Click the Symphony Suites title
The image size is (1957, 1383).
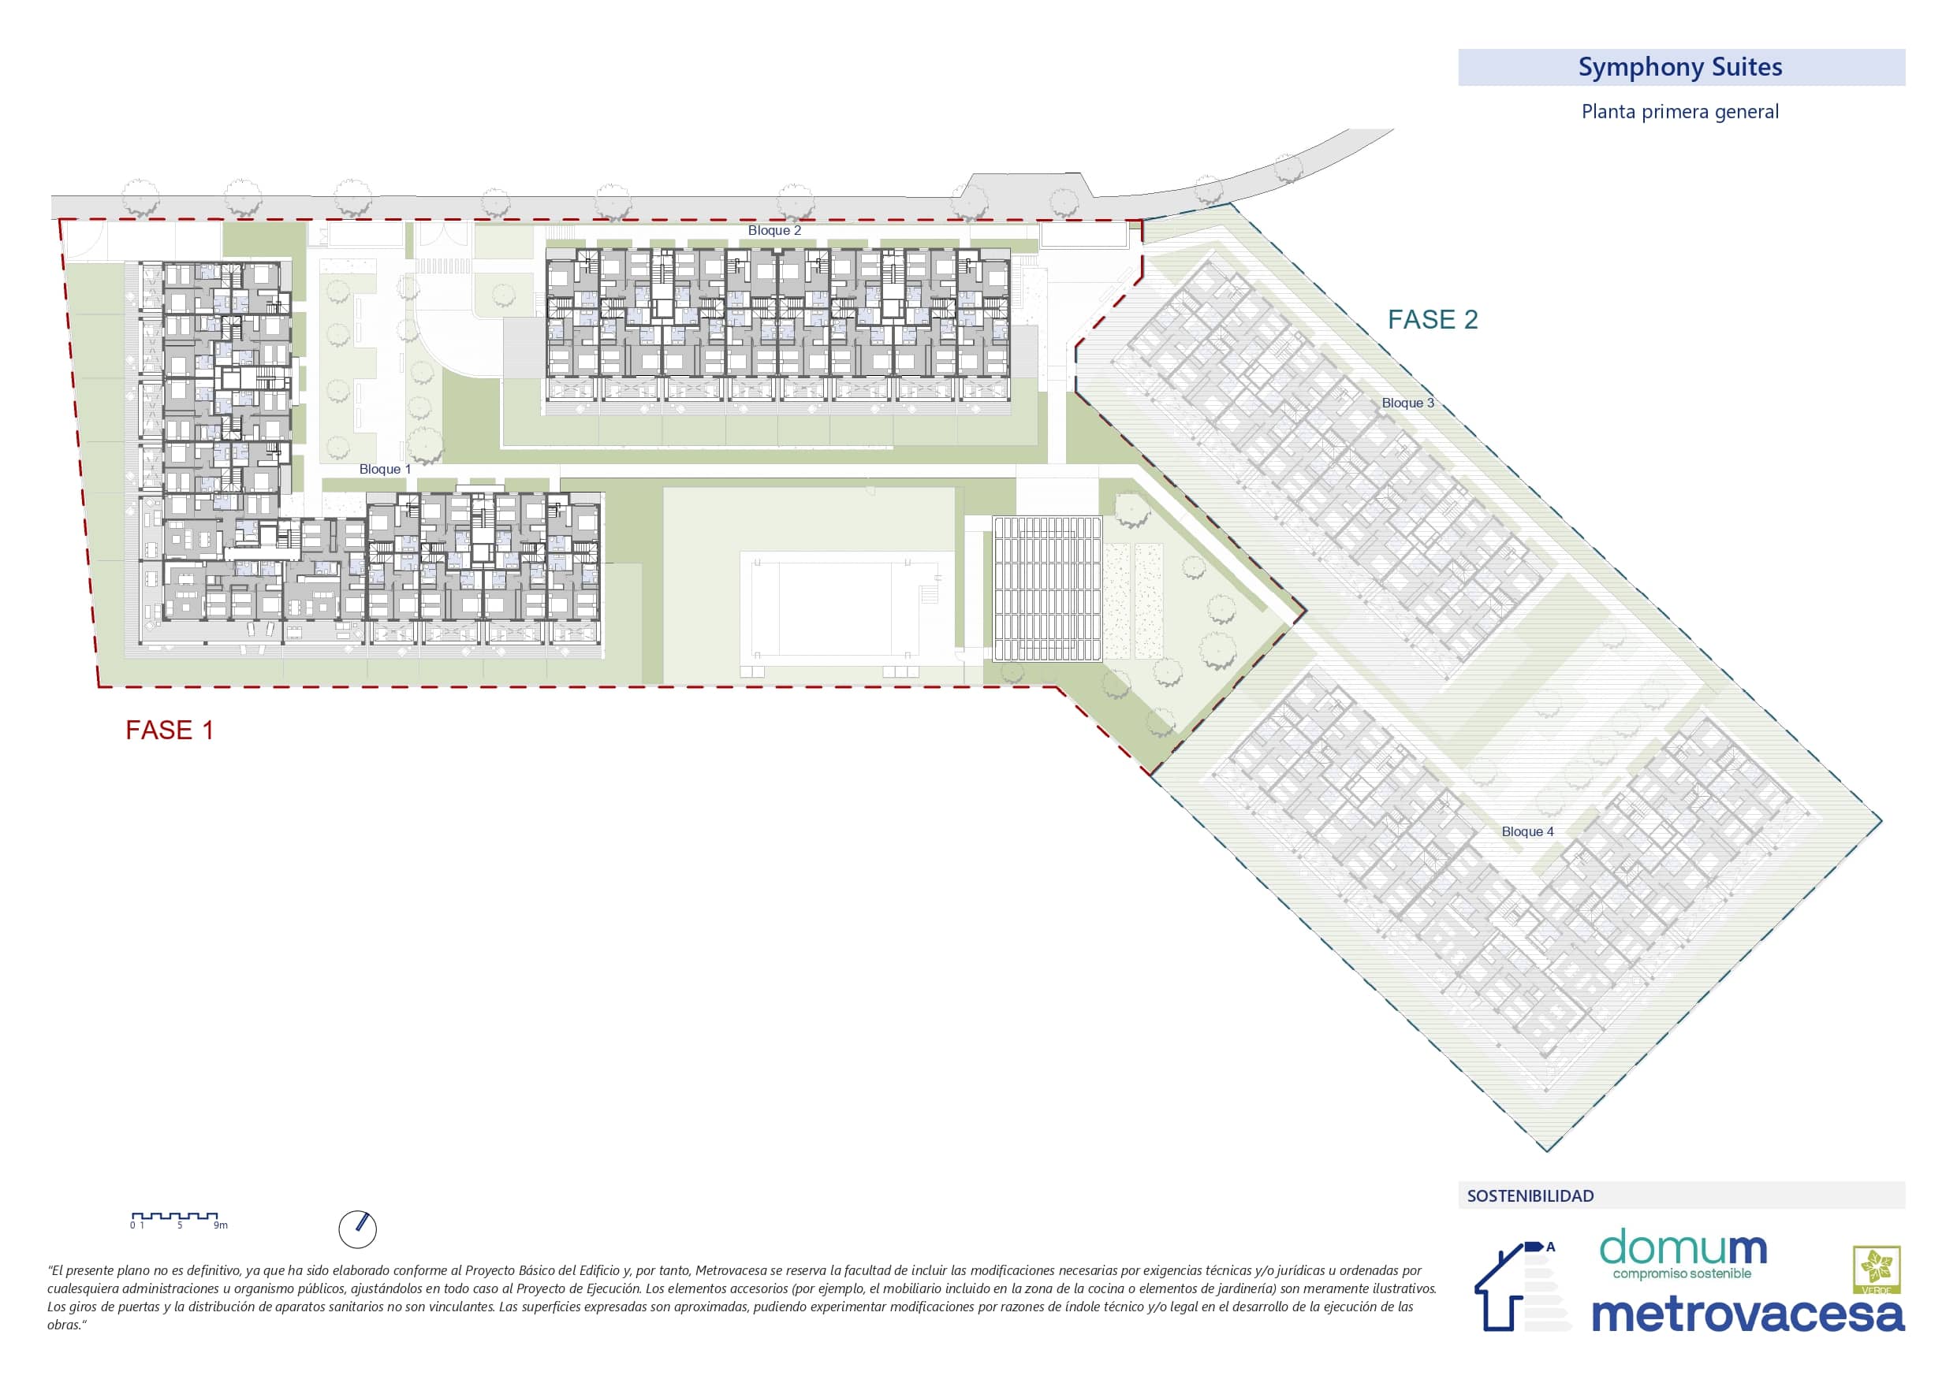pos(1679,66)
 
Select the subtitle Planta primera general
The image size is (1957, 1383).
pos(1679,112)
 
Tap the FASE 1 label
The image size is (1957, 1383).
pos(170,731)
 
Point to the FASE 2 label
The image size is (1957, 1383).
pos(1432,319)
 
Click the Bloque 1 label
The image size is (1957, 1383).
pos(385,470)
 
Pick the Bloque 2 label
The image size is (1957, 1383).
pos(774,231)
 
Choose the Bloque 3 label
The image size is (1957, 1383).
pos(1407,403)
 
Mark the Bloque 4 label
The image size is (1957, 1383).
pos(1527,831)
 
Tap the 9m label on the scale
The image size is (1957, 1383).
pos(221,1225)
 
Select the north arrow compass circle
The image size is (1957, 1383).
pos(357,1229)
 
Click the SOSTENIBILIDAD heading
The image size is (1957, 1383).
pos(1530,1196)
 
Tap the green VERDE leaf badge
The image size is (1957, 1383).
pos(1877,1270)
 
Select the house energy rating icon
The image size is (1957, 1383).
pos(1523,1286)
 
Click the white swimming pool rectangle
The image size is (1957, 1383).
pos(846,604)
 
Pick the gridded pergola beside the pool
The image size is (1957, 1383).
pos(1046,588)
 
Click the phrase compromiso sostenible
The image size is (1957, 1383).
pos(1682,1274)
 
